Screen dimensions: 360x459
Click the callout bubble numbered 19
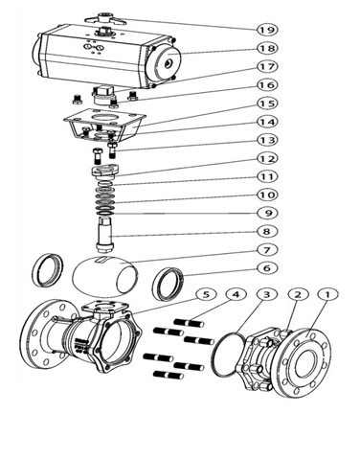(267, 30)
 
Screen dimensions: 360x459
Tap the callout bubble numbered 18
(267, 48)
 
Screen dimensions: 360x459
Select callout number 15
(267, 103)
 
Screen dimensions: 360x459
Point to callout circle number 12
(267, 158)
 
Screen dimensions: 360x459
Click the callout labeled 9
(267, 213)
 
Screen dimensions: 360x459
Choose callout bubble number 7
(267, 249)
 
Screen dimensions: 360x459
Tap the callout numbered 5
(207, 294)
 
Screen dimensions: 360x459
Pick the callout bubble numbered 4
(236, 294)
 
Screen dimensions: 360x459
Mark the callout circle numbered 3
(267, 294)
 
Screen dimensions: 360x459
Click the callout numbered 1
(327, 294)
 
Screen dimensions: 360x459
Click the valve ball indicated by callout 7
(105, 274)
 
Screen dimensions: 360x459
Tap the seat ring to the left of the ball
(48, 270)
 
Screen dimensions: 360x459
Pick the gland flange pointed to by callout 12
(105, 172)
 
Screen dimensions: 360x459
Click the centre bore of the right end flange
(308, 363)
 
